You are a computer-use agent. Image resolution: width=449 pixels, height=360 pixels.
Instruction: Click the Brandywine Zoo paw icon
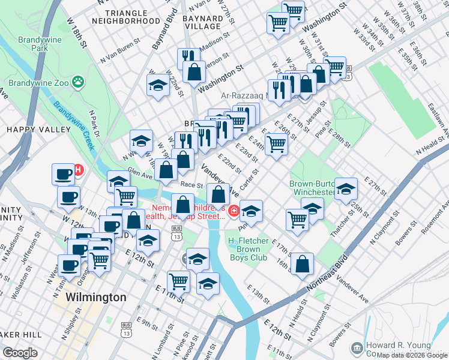(x=77, y=81)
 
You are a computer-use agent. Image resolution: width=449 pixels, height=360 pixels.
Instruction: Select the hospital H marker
(x=78, y=169)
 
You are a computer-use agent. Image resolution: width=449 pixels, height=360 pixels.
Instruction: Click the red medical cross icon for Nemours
(x=233, y=211)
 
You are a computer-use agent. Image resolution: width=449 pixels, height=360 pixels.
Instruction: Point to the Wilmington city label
(x=95, y=297)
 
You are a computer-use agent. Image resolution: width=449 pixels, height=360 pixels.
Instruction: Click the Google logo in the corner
(x=20, y=352)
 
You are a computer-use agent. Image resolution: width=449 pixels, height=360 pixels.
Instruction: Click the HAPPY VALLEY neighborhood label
(x=30, y=129)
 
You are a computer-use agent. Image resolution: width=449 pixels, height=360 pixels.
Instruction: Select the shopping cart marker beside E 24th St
(x=276, y=143)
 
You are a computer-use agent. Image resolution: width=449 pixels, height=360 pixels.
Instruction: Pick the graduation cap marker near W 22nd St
(x=158, y=85)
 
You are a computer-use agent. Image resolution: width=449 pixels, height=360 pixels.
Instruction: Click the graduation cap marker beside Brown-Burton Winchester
(x=346, y=188)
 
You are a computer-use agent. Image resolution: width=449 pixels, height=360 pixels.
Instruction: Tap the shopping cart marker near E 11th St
(x=179, y=280)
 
